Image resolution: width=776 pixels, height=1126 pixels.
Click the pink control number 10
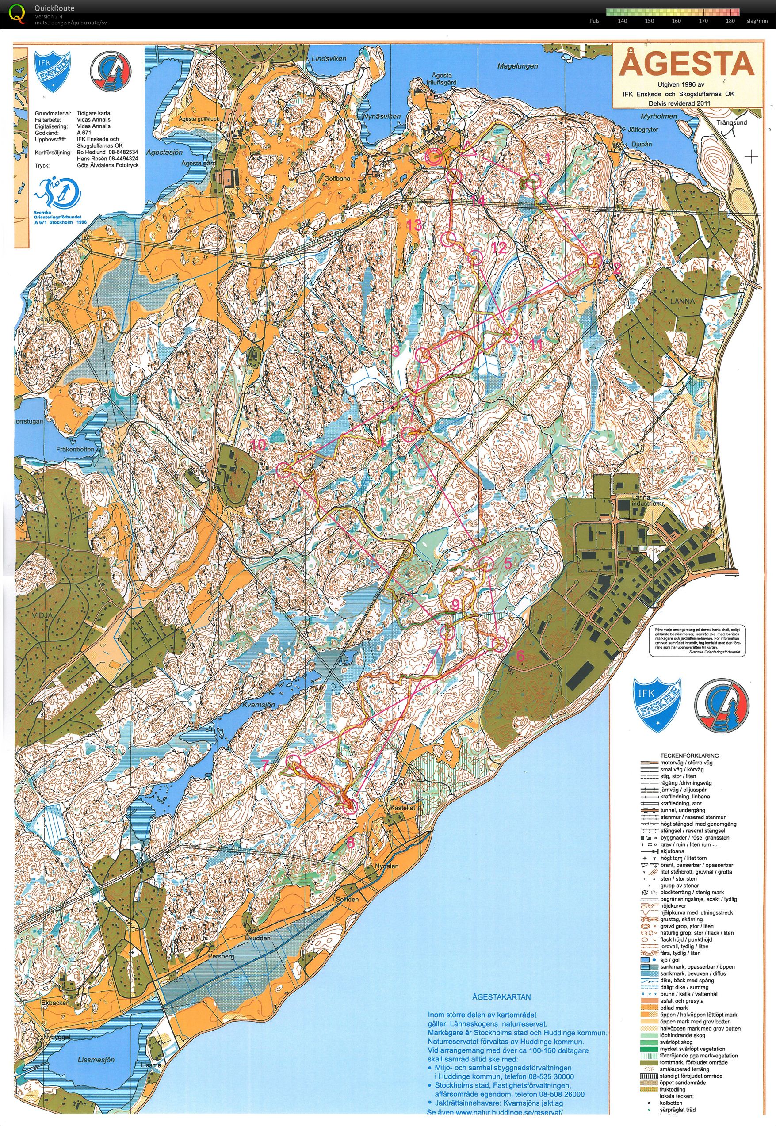click(259, 445)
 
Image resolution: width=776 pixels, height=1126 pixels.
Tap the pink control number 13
click(415, 225)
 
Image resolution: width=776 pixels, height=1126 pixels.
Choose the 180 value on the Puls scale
click(730, 21)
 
